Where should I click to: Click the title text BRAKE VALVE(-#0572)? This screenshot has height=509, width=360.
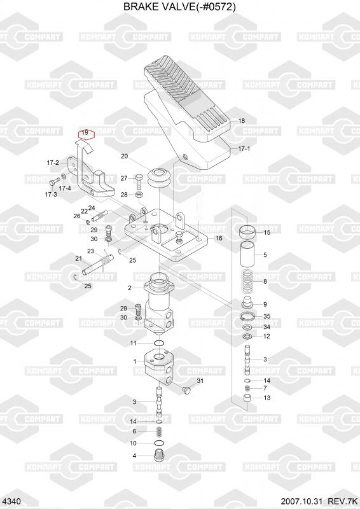pos(179,7)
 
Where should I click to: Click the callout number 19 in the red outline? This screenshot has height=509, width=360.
pos(85,133)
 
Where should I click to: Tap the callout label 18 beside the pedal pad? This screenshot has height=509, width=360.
pos(242,121)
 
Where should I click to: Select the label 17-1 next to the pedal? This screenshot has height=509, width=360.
pos(244,149)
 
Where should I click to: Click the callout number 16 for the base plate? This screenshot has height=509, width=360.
pos(219,238)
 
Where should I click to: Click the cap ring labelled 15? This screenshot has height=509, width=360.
pos(247,231)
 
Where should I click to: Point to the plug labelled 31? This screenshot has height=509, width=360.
pos(186,390)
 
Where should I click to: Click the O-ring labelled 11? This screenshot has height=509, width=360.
pos(158,343)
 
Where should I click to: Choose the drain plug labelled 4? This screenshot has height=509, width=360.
pos(159,456)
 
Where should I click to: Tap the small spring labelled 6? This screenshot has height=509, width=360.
pos(159,431)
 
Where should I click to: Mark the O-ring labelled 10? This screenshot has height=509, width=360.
pos(159,443)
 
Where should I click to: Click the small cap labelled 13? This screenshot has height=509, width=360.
pos(247,398)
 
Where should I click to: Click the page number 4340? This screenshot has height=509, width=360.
pos(11,501)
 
